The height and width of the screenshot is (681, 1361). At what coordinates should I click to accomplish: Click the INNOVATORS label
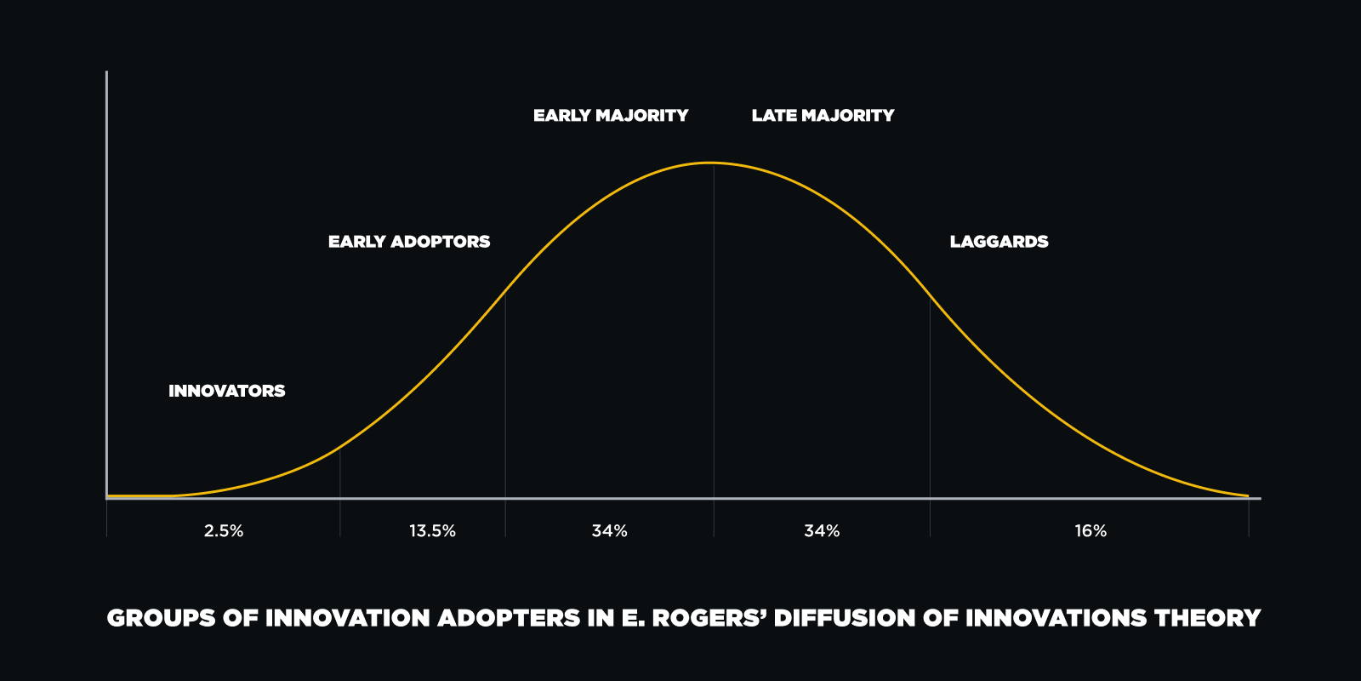pos(226,391)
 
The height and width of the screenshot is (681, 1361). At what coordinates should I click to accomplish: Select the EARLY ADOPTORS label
pos(409,242)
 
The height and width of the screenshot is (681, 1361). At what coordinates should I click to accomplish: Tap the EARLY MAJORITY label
pos(611,116)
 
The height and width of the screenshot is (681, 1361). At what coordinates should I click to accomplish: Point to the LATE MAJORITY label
pos(823,116)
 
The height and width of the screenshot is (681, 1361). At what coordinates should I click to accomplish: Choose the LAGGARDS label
pos(999,242)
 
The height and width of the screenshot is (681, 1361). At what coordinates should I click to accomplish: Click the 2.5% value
pos(224,531)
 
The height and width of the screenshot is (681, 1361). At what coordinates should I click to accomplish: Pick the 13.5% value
pos(432,531)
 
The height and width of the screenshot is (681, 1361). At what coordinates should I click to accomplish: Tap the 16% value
pos(1091,531)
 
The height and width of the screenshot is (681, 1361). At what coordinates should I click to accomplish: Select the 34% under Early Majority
pos(609,531)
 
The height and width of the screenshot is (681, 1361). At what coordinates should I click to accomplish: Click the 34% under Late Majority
pos(822,531)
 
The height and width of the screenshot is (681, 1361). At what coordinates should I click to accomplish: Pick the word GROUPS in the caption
pos(161,618)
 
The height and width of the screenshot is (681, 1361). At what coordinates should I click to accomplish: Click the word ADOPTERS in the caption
pos(510,618)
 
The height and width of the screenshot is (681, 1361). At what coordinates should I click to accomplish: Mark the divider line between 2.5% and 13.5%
pos(340,494)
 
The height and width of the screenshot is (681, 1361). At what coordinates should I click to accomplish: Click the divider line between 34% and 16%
pos(930,417)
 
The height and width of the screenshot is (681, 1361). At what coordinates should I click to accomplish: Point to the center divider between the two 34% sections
pos(714,351)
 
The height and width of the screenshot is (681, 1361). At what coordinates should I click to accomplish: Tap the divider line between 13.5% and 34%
pos(505,415)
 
